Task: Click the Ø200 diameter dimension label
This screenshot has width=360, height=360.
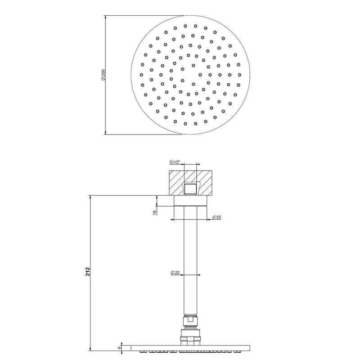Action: [x=103, y=75]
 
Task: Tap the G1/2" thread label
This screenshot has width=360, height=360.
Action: [x=175, y=162]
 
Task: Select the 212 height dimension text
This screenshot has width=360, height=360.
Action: [x=88, y=272]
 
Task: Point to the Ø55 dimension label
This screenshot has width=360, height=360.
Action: [x=217, y=217]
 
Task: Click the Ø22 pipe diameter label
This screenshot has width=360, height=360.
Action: [x=175, y=273]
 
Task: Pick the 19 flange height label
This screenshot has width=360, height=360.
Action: [x=155, y=212]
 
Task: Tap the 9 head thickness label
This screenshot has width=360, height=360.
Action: [x=120, y=348]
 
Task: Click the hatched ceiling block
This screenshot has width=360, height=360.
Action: [x=190, y=183]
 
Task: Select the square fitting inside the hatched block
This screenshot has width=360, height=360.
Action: [x=190, y=189]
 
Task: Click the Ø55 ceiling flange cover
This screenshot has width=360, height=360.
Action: [x=190, y=201]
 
